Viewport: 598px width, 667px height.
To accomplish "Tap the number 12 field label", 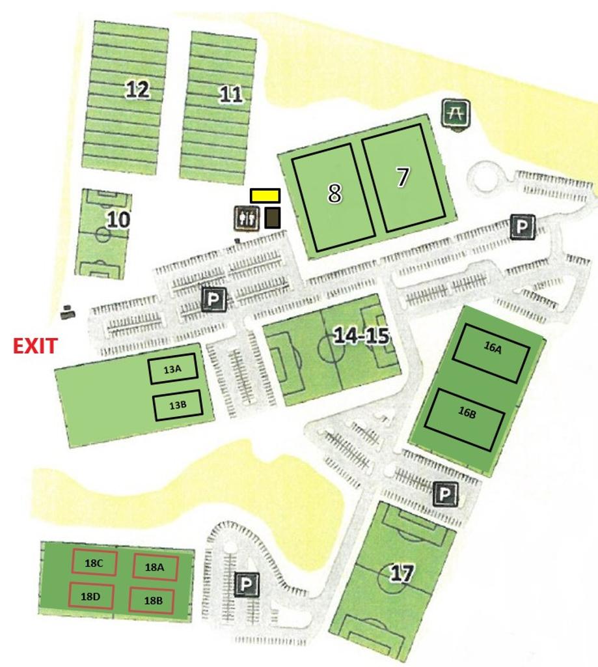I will (137, 89).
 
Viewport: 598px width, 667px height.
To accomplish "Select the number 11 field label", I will (230, 95).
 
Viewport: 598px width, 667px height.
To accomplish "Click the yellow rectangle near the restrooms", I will (265, 195).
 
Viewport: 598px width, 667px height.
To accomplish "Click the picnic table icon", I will (455, 113).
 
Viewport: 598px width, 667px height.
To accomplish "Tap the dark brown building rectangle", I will (273, 218).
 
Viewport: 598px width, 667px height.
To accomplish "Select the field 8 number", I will (334, 193).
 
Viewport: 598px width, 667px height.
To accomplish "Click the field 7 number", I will (403, 177).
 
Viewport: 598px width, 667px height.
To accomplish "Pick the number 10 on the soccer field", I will (118, 220).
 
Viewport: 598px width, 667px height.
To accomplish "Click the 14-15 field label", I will (361, 335).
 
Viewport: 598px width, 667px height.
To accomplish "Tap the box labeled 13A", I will (173, 370).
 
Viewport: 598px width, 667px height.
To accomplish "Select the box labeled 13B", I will (178, 405).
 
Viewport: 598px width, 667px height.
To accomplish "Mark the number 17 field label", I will (401, 573).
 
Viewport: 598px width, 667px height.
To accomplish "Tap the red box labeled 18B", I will (154, 600).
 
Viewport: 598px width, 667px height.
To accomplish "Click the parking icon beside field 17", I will (445, 494).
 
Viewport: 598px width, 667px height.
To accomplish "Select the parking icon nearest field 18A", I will (247, 584).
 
